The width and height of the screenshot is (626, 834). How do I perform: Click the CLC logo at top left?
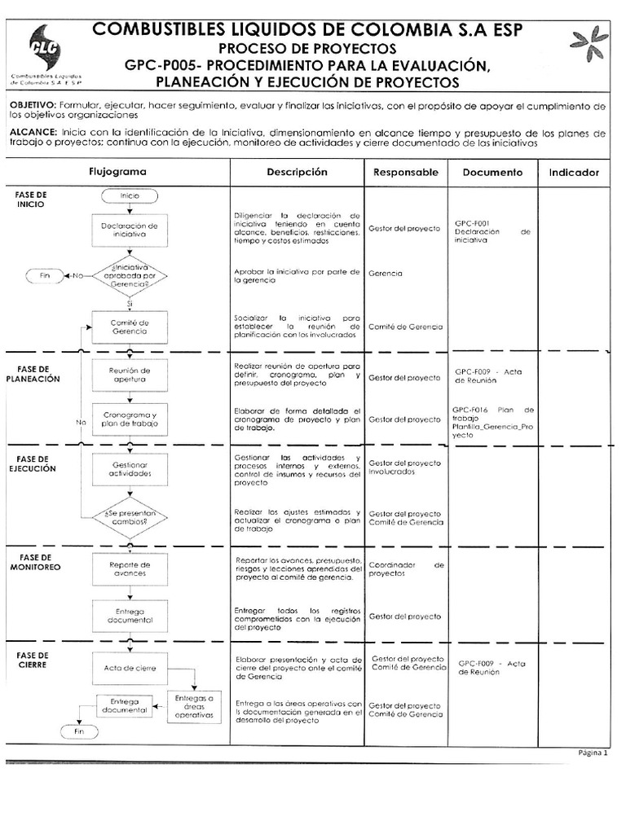(46, 50)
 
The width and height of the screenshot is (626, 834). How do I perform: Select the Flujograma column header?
(117, 173)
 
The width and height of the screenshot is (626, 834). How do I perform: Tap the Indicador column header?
(574, 173)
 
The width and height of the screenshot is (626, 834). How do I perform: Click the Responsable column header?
(405, 173)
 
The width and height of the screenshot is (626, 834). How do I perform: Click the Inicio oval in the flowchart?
(130, 196)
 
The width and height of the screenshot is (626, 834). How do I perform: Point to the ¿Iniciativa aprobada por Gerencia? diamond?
(130, 275)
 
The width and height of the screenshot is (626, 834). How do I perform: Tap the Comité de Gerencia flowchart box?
(130, 327)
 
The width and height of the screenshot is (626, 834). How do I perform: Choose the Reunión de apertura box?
(130, 375)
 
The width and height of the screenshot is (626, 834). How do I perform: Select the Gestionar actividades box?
(130, 468)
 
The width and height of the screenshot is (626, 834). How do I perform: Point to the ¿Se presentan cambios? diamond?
(130, 517)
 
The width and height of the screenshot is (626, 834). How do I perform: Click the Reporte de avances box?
(130, 568)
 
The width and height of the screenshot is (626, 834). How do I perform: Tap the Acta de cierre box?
(130, 668)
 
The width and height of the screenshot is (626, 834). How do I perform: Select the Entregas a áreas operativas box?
(194, 706)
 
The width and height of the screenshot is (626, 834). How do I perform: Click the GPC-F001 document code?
(472, 222)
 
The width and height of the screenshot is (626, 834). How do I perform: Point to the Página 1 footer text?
(593, 753)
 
